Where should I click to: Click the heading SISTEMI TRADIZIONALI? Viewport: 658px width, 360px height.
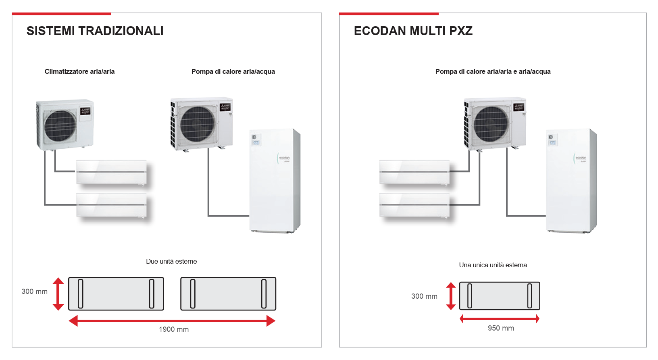click(95, 31)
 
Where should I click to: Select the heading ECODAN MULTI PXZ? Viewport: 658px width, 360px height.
click(413, 31)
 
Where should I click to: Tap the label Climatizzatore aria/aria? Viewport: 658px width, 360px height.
click(79, 71)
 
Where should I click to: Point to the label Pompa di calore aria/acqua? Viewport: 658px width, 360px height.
click(233, 71)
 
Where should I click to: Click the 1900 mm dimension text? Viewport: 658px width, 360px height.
click(173, 329)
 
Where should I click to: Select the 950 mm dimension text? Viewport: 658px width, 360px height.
click(501, 328)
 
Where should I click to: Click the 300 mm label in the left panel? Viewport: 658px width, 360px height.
click(34, 291)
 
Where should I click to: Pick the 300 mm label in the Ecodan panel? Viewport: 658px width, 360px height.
click(424, 296)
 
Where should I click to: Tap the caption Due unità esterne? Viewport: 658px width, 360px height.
click(171, 261)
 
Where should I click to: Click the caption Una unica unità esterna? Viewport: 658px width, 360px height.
click(493, 265)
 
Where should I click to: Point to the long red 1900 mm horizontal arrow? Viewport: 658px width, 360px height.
click(172, 321)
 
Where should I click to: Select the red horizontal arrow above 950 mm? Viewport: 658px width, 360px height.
click(500, 319)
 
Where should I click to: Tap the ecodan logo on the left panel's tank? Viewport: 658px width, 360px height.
click(284, 158)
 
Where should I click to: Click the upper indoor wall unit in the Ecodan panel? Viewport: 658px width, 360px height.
click(414, 172)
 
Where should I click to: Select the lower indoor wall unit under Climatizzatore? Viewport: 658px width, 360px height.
click(112, 205)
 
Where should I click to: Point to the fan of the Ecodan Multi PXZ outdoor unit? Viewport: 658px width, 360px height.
click(491, 124)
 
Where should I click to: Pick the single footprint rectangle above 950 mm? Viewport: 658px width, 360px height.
click(500, 296)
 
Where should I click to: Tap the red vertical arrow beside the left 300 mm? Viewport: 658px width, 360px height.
click(58, 293)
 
